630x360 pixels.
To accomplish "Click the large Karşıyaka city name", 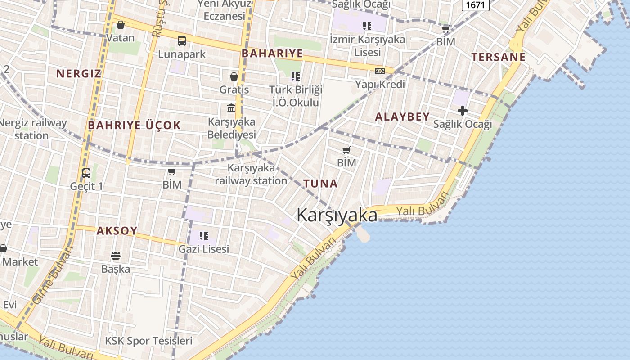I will click(337, 215).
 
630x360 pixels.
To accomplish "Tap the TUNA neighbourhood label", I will click(320, 184).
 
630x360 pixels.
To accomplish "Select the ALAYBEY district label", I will click(402, 117).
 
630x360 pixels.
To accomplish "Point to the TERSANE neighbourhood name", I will click(498, 57).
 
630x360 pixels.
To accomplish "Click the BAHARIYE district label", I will click(272, 54).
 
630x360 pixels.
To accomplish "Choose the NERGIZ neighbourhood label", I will click(78, 73).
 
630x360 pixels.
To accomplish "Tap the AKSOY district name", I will click(117, 231).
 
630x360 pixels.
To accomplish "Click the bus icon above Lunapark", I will click(182, 41).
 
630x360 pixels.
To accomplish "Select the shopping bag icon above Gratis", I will click(234, 76).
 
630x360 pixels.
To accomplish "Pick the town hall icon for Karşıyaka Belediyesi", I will click(231, 108).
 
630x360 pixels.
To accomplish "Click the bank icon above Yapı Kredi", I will click(380, 71).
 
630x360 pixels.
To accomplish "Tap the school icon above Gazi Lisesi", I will click(204, 235).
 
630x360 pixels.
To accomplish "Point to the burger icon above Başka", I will click(116, 256).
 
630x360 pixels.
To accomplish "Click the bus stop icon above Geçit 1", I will click(86, 173).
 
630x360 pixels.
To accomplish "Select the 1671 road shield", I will click(476, 5).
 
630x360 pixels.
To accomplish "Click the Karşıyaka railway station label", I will click(251, 174).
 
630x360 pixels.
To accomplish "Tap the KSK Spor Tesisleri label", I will click(148, 341).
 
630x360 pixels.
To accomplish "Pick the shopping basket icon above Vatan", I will click(120, 25).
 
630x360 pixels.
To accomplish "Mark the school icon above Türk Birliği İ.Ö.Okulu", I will click(295, 76).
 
